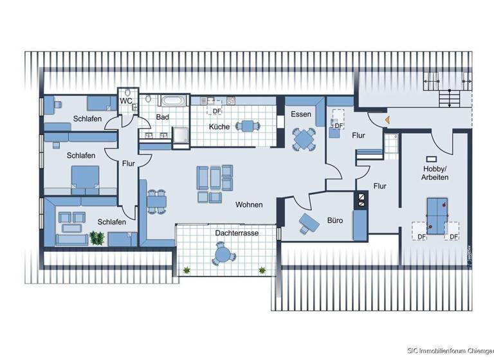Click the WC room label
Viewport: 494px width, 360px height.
click(x=126, y=102)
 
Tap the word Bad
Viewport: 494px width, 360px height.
click(x=163, y=117)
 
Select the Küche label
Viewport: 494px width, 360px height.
click(x=219, y=127)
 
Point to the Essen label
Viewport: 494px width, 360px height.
click(x=301, y=114)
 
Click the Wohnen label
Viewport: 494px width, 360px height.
click(x=249, y=204)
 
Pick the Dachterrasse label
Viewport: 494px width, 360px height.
click(x=237, y=233)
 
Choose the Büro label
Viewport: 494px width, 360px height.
click(x=335, y=220)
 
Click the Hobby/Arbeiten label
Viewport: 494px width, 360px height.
click(x=435, y=172)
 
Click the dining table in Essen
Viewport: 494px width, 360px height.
click(x=304, y=138)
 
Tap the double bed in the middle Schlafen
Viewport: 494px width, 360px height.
click(x=85, y=177)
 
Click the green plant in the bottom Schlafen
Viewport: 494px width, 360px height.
click(x=97, y=238)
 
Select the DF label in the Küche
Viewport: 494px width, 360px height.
click(x=217, y=111)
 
